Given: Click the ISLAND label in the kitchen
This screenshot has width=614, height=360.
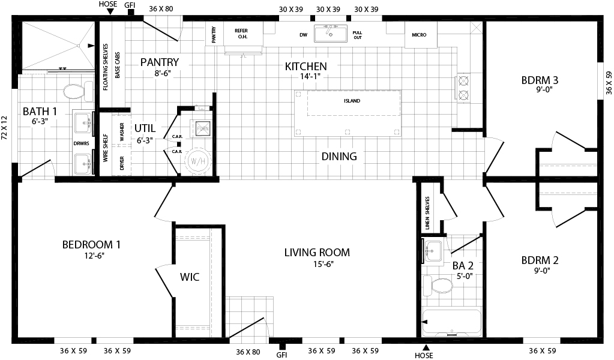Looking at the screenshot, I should (x=352, y=101).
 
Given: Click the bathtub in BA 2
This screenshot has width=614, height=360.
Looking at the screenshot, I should (x=451, y=323).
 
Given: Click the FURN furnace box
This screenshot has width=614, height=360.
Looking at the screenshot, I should (x=201, y=128).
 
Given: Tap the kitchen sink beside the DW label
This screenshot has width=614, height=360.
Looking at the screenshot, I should (x=330, y=34).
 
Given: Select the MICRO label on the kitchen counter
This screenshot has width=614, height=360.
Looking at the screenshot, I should (x=419, y=35).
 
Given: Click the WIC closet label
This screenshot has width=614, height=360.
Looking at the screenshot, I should (x=190, y=277).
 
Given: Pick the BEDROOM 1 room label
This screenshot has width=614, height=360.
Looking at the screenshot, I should (x=92, y=245).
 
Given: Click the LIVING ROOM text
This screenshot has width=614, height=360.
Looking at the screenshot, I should (x=317, y=252).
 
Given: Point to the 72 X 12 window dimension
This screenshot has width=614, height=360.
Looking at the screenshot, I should (x=5, y=128).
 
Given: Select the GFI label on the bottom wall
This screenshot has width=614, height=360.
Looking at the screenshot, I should (x=281, y=355).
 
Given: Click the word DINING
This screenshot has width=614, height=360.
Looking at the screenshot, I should (x=339, y=157).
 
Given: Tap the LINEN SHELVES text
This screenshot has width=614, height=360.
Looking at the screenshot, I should (x=427, y=214).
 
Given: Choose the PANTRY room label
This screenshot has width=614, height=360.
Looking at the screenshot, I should (x=160, y=62).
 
